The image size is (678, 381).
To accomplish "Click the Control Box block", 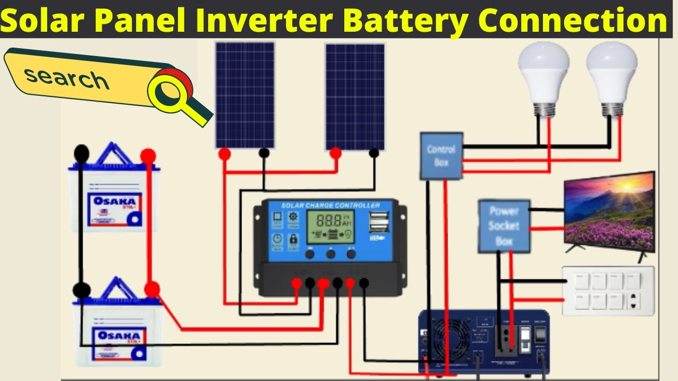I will click(x=441, y=156).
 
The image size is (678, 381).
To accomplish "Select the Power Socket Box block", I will click(x=504, y=226).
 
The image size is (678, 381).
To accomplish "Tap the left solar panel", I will click(x=245, y=95).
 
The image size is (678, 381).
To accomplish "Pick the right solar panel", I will click(x=354, y=97).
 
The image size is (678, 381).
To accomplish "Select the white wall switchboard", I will click(x=608, y=291).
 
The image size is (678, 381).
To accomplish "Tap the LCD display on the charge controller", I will click(x=331, y=226).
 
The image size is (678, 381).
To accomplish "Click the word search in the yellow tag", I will click(x=66, y=78).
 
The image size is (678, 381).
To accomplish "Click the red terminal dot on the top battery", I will click(x=148, y=156).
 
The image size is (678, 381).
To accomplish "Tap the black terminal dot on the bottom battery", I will click(x=82, y=289).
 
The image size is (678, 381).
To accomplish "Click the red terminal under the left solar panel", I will click(x=225, y=154).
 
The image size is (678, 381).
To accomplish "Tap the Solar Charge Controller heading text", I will click(x=330, y=205).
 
